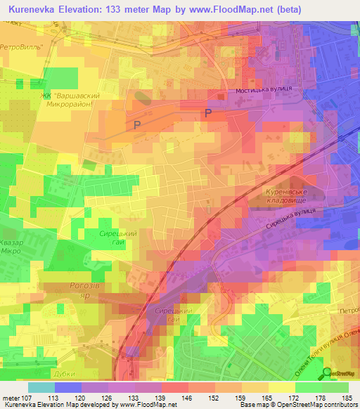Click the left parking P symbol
coord(138,124)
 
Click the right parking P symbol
coord(208,112)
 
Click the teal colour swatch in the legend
coord(41,387)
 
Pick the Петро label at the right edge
coord(346,310)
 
